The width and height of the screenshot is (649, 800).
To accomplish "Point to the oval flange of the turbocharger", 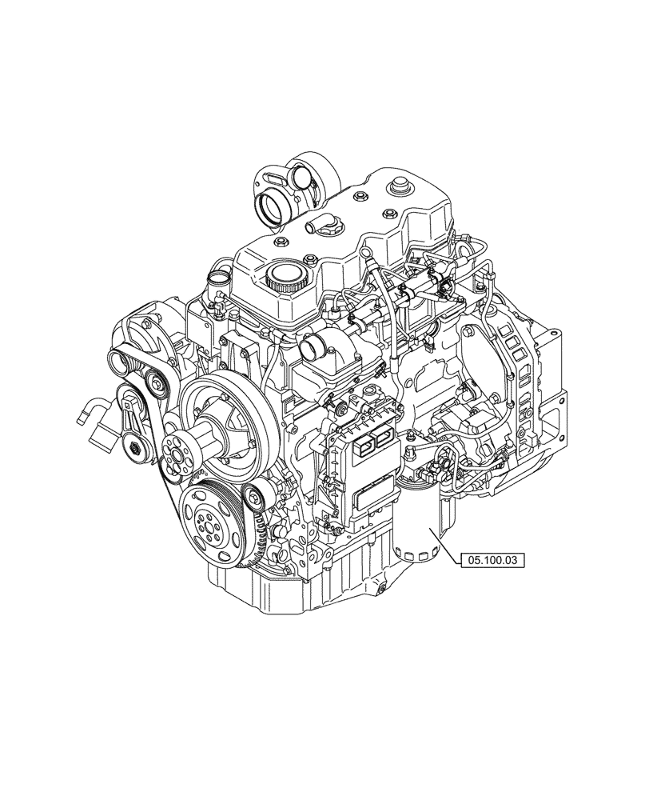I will [x=265, y=178].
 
